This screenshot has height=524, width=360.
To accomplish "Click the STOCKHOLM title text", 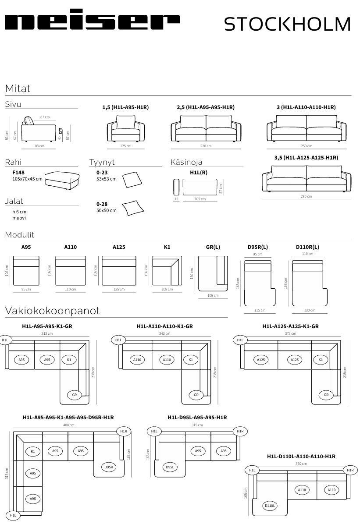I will [x=287, y=24].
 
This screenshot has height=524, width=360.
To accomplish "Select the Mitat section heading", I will [x=18, y=89].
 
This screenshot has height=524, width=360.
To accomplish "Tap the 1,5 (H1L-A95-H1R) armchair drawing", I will [x=125, y=128].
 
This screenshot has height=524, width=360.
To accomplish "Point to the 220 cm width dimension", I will [x=206, y=146].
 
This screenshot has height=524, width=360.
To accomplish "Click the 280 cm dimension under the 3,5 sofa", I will [x=306, y=196].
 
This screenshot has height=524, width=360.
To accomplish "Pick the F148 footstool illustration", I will [x=63, y=180].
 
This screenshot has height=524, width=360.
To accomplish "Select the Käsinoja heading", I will [x=186, y=162].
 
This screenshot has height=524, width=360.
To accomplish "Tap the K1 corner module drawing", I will [x=167, y=270].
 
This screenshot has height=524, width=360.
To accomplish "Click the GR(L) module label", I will [x=213, y=247].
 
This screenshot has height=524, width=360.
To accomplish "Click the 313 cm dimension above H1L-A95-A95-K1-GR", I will [x=47, y=333].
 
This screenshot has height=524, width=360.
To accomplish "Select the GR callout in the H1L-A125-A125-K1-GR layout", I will [x=326, y=395].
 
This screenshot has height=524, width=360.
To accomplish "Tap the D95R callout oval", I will [x=109, y=467].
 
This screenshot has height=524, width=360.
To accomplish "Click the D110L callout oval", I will [x=270, y=506].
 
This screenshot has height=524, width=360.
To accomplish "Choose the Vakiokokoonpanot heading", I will [x=52, y=311].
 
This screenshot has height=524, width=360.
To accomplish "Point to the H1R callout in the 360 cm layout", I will [x=350, y=470].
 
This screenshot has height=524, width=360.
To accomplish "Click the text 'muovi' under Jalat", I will [x=19, y=218].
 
